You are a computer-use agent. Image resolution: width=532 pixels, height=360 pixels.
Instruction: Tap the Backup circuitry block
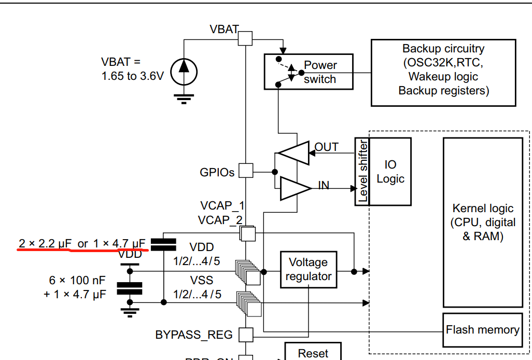click(443, 70)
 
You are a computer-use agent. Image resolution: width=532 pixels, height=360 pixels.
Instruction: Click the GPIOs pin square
click(245, 171)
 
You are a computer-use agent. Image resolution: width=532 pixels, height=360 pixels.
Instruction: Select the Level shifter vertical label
click(363, 171)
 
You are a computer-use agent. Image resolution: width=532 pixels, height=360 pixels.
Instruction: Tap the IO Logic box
click(390, 171)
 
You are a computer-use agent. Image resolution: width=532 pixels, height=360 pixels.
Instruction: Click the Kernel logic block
click(483, 223)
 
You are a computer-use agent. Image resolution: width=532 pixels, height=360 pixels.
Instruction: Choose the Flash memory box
click(482, 330)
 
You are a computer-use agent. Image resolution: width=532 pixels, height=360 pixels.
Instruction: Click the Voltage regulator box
click(308, 269)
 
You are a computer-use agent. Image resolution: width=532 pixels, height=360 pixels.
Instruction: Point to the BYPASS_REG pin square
click(245, 335)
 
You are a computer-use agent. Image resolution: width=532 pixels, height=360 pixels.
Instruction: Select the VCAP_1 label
click(222, 206)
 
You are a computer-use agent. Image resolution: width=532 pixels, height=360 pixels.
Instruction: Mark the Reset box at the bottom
click(313, 353)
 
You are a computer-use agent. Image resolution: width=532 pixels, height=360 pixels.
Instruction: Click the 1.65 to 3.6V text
click(133, 76)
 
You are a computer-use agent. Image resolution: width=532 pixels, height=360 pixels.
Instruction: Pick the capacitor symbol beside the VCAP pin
click(163, 244)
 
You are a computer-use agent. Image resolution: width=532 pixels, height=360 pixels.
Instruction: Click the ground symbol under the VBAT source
click(184, 97)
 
